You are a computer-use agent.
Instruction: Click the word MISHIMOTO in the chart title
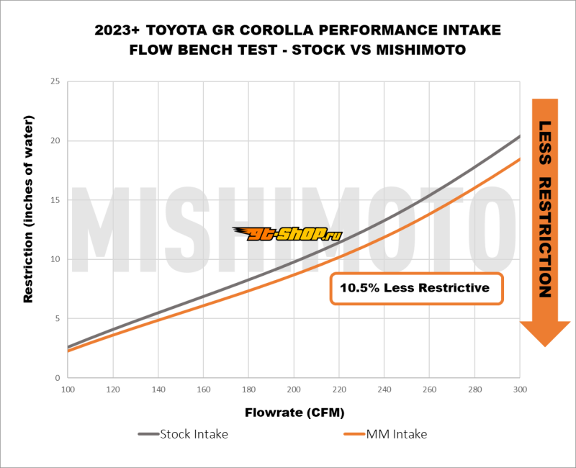420,51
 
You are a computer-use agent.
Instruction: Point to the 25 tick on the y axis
54,81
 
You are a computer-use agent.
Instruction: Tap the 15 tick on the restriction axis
54,200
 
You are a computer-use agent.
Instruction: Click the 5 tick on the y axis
57,318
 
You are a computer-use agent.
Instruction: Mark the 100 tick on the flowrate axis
68,389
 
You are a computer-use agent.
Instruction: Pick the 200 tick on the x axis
294,389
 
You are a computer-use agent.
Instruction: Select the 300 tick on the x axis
519,389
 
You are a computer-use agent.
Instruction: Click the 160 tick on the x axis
203,389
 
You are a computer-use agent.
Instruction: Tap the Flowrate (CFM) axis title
294,413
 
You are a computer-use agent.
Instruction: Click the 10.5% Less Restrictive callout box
416,289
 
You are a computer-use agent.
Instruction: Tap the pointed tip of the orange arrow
544,346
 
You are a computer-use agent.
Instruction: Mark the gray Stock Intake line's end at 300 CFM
519,136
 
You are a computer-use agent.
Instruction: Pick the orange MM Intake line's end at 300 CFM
519,159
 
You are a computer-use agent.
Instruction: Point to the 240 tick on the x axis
384,389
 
